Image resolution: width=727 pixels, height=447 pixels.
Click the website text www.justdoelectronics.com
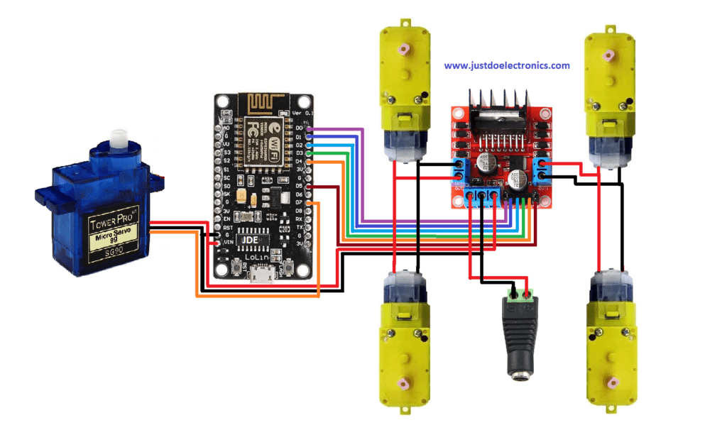(507, 65)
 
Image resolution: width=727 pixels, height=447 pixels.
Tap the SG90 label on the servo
(115, 251)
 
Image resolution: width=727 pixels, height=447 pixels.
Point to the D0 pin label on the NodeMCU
(299, 128)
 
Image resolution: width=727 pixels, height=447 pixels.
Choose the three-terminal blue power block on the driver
(481, 197)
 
